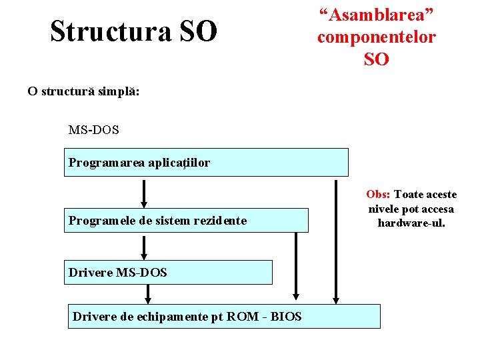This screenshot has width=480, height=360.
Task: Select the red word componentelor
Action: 376,37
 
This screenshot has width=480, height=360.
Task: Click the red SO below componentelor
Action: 376,59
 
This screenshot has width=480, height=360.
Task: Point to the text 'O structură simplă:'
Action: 83,91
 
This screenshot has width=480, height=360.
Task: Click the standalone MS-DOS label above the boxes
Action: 93,129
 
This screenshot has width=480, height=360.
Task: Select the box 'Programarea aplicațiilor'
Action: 206,162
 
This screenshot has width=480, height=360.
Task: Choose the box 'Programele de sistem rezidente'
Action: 186,220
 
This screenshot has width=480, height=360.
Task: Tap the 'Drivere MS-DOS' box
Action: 168,272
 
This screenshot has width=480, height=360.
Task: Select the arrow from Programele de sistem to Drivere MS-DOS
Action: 144,246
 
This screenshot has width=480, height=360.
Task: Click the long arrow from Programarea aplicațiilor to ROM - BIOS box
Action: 336,240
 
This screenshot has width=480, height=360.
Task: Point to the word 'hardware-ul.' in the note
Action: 411,223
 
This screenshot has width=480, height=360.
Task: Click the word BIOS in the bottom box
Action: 286,317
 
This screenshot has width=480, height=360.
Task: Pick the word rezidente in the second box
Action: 221,220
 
